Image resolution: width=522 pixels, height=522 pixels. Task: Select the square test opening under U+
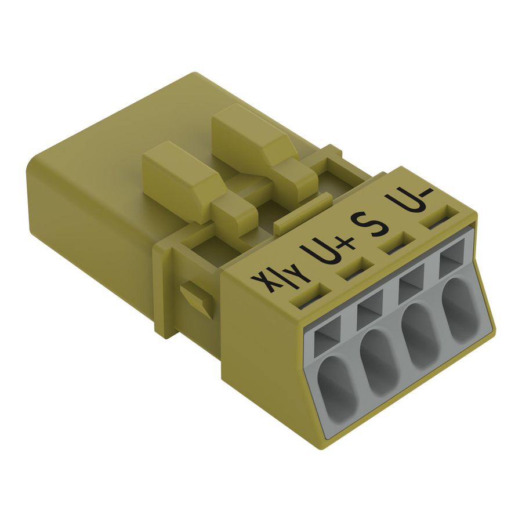point(370,313)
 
